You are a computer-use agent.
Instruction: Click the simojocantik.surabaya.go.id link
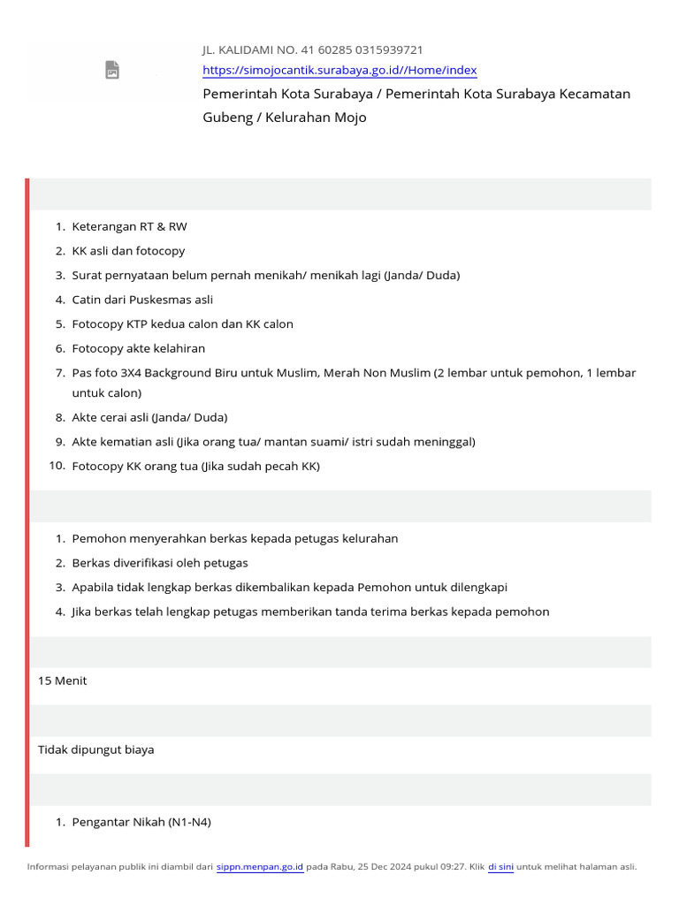(x=339, y=71)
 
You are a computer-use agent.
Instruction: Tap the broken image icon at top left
(x=112, y=70)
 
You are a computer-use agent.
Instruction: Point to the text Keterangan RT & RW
(x=129, y=226)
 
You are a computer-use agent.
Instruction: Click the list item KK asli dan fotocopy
(x=128, y=251)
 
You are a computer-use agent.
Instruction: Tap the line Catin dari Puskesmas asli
(x=142, y=300)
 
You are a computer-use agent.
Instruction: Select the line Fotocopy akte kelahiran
(x=138, y=348)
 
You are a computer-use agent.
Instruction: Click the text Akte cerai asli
(x=111, y=417)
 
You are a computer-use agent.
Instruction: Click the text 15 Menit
(x=63, y=681)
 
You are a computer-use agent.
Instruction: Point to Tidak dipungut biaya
(x=95, y=749)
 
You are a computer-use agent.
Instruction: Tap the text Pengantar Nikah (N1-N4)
(x=141, y=822)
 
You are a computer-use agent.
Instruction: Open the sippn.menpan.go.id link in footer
(x=260, y=867)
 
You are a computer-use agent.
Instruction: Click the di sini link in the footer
(x=500, y=867)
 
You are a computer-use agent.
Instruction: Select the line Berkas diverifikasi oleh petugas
(x=160, y=563)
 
